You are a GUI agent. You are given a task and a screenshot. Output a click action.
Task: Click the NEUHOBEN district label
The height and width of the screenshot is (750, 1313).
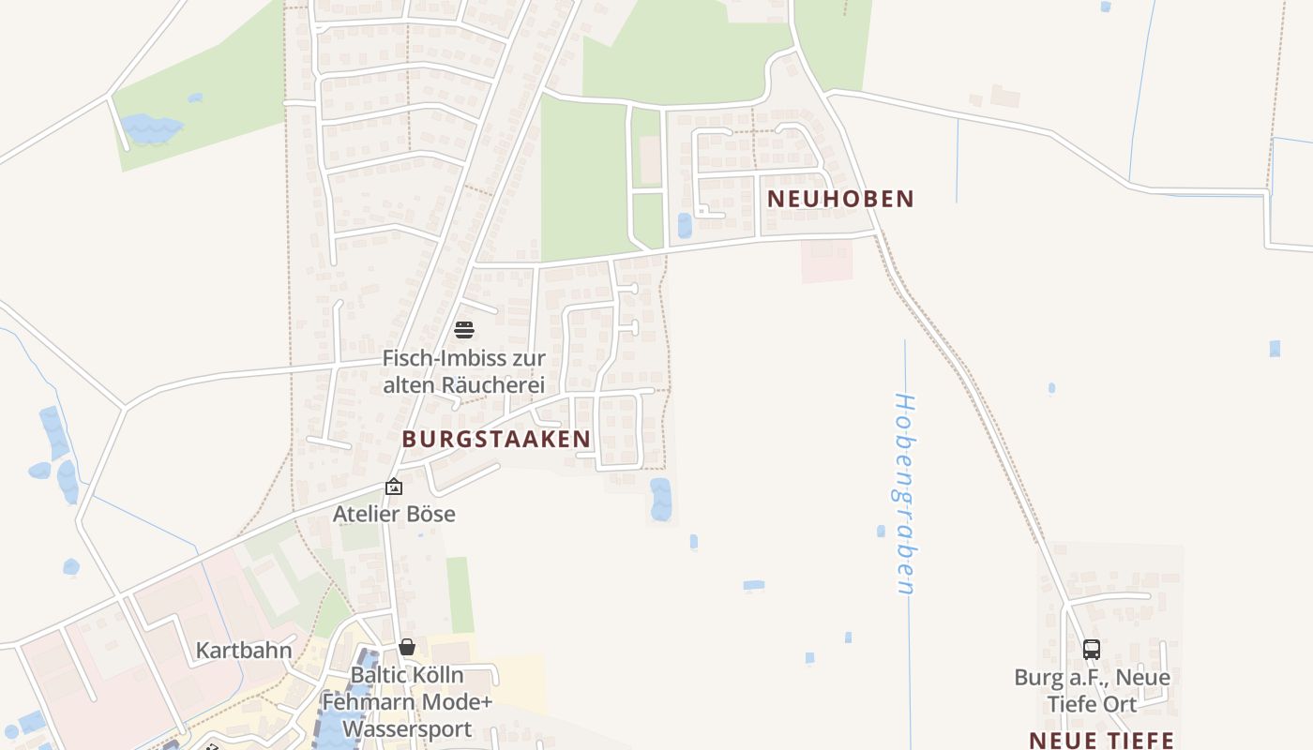tap(840, 199)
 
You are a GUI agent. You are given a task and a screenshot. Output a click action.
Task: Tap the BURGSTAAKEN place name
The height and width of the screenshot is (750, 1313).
tap(496, 439)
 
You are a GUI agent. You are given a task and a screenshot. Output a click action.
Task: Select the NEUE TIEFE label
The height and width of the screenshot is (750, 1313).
tap(1101, 739)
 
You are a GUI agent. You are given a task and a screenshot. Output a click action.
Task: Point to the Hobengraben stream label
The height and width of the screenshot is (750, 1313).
tap(905, 493)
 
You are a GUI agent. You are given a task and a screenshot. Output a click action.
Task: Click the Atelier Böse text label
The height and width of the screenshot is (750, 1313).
tap(394, 514)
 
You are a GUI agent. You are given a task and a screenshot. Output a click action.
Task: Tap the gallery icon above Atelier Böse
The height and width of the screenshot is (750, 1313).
tap(394, 487)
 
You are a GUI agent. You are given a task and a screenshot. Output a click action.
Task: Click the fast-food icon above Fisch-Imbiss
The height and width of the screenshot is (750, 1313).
tap(464, 329)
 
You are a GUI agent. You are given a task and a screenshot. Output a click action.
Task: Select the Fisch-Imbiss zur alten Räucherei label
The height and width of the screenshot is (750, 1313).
tap(463, 371)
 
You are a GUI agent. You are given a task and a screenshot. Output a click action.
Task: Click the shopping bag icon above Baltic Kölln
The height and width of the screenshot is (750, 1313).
tap(407, 647)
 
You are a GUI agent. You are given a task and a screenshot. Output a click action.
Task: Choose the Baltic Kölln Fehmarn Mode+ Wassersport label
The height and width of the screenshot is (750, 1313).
tap(407, 701)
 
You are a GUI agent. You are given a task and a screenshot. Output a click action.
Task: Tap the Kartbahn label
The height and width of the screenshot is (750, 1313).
tap(244, 650)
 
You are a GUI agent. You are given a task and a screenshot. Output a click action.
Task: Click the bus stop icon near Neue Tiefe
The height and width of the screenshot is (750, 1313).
tap(1091, 649)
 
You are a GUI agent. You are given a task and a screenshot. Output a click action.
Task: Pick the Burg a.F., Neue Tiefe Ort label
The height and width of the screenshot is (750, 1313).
tap(1092, 690)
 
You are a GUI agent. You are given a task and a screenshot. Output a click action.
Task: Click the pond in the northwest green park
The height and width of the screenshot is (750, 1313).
tap(150, 127)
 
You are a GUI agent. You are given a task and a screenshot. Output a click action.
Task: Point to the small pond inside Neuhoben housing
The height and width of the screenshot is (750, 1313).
tap(685, 225)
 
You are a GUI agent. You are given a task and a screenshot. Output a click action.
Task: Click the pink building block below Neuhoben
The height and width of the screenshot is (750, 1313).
tap(826, 260)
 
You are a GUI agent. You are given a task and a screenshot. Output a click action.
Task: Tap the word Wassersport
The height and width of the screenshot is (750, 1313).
tap(407, 728)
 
